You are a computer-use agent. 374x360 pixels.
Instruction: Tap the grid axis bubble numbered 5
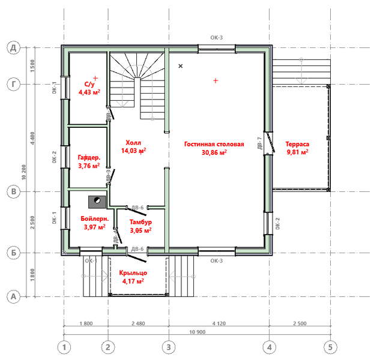click(x=329, y=347)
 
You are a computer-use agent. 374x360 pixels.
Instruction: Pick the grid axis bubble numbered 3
click(x=168, y=347)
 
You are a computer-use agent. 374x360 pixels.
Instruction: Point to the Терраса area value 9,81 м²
click(x=297, y=152)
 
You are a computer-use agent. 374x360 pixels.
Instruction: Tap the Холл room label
click(x=133, y=143)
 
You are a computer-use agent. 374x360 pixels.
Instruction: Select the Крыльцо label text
click(x=133, y=272)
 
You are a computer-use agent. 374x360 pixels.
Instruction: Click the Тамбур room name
click(x=140, y=222)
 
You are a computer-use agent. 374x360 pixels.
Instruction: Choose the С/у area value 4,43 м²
click(x=89, y=92)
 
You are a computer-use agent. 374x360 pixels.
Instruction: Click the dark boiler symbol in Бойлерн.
click(x=95, y=201)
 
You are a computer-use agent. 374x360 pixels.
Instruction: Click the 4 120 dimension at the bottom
click(x=218, y=324)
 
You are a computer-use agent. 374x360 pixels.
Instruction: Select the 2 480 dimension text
click(x=137, y=324)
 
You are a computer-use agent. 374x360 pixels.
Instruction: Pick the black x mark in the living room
click(x=181, y=66)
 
